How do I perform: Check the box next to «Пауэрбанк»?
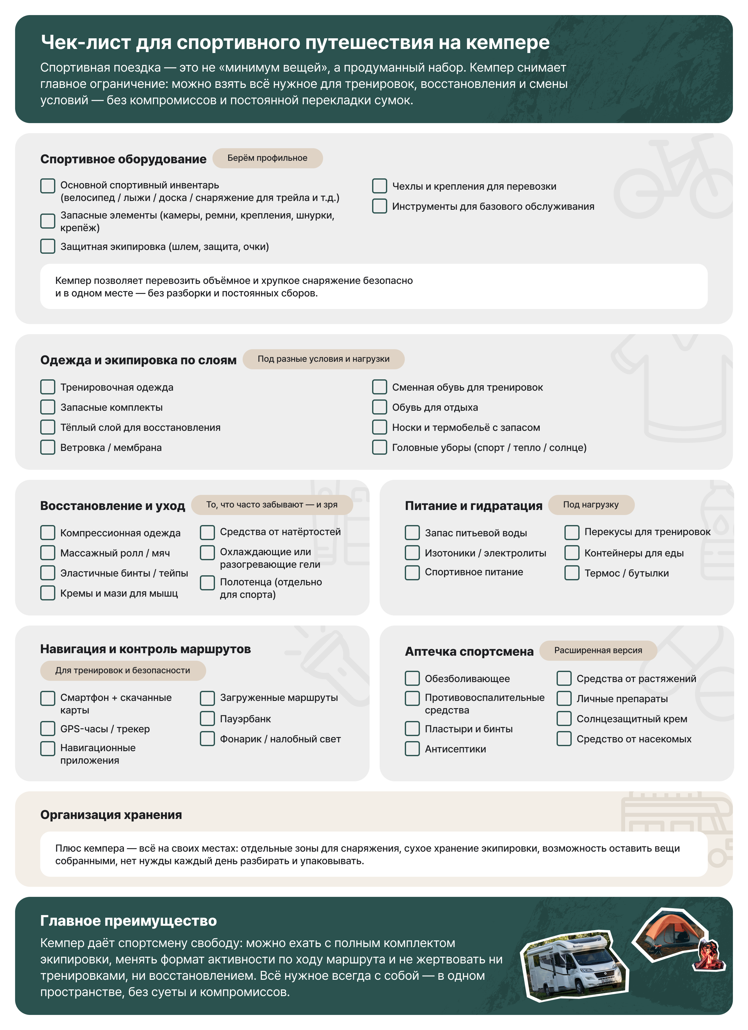click(207, 718)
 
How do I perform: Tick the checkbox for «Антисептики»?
click(412, 748)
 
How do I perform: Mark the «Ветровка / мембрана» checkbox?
click(48, 447)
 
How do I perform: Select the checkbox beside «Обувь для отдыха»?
click(379, 407)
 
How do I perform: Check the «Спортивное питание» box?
click(412, 572)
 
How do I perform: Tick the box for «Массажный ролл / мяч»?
click(48, 553)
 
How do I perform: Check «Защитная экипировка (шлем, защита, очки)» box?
click(48, 246)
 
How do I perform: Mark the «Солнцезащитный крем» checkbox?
click(564, 718)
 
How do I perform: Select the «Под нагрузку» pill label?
click(591, 505)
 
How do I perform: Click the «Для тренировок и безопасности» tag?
click(123, 670)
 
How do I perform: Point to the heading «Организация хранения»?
click(111, 815)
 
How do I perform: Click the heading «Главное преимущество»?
click(129, 920)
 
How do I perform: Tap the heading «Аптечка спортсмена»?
click(469, 651)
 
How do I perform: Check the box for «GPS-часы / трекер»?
click(48, 729)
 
